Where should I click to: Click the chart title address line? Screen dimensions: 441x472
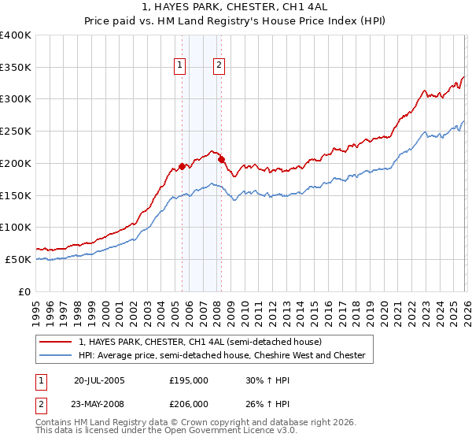click(236, 9)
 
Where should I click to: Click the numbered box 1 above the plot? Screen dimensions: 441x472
click(181, 66)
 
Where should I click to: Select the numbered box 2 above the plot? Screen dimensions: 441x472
click(219, 66)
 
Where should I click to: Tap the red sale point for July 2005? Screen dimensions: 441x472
click(182, 166)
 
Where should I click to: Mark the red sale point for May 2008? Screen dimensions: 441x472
click(221, 159)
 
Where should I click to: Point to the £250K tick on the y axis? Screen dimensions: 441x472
click(16, 132)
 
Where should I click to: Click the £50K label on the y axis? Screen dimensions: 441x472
click(18, 259)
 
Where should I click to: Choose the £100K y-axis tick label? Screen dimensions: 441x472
click(16, 227)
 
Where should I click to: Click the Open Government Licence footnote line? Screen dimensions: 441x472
click(167, 432)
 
